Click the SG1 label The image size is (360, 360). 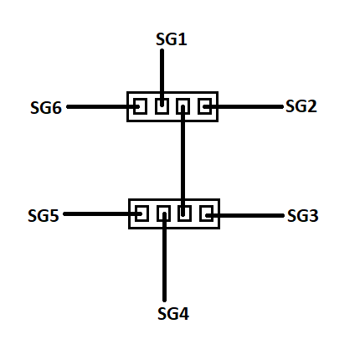172,39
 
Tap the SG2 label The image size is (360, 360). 301,106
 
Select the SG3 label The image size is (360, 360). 303,216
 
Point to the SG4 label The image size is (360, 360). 173,314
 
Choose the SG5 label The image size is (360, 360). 44,216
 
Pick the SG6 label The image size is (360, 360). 46,108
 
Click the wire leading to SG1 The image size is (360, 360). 162,78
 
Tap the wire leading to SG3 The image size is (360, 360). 244,215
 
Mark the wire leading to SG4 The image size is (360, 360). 164,257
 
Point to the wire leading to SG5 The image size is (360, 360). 103,214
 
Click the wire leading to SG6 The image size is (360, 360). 103,106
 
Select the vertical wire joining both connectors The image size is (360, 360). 183,161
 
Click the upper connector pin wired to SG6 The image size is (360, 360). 141,106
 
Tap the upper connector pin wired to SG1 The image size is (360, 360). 162,106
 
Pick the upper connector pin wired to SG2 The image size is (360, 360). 204,106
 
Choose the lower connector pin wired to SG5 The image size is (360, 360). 141,213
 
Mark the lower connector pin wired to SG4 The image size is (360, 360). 163,213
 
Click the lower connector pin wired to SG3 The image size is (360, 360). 207,213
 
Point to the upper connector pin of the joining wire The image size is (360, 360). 183,106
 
